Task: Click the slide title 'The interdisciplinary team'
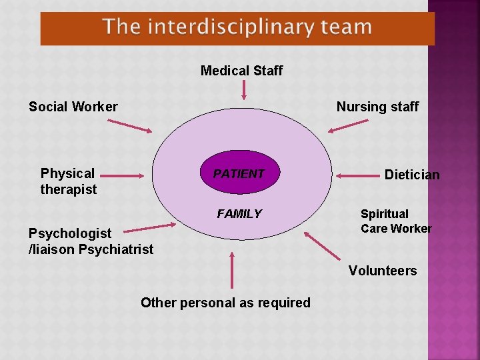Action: [x=237, y=27]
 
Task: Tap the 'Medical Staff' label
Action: [x=241, y=71]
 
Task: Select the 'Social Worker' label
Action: [x=73, y=107]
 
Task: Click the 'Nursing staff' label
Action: [x=377, y=107]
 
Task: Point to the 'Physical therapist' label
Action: [x=68, y=181]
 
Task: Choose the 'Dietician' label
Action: [x=412, y=175]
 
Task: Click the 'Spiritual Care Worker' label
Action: [x=396, y=221]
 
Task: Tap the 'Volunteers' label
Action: [x=383, y=271]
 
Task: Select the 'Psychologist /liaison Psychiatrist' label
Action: [x=91, y=241]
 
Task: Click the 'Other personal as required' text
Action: [x=225, y=303]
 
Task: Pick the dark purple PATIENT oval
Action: [x=239, y=174]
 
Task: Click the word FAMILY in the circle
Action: [x=239, y=214]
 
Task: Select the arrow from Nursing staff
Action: [x=352, y=126]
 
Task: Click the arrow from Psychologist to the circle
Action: [x=150, y=227]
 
